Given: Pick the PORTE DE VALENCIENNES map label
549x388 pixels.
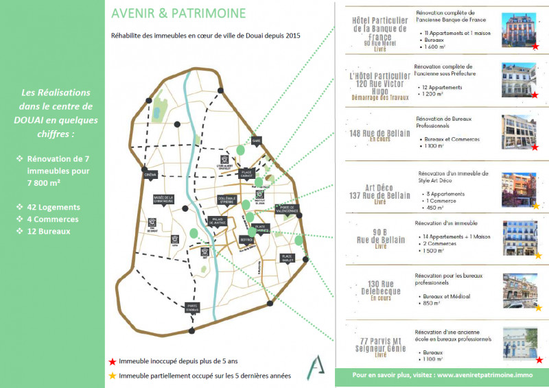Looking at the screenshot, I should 288,209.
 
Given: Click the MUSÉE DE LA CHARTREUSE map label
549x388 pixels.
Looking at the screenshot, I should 163,199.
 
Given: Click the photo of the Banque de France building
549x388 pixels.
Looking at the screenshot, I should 519,31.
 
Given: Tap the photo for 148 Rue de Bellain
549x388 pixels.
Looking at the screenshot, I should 519,132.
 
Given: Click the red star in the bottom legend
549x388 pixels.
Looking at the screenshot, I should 112,361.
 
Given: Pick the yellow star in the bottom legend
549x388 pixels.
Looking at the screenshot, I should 112,375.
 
